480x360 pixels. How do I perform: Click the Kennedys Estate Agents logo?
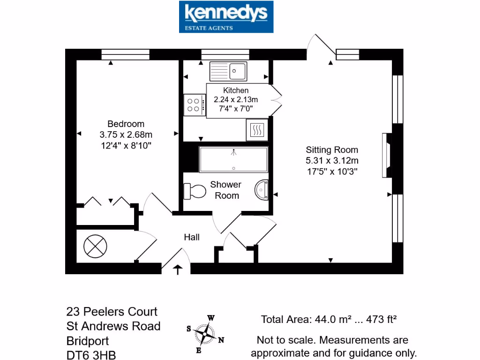[226, 17]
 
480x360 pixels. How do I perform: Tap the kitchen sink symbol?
[228, 71]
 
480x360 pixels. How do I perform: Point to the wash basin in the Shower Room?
[262, 189]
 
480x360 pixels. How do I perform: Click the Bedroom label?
[126, 124]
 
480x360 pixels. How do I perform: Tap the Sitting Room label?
[332, 150]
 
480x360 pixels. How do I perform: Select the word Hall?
[191, 237]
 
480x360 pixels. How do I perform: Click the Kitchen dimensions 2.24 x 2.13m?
[236, 99]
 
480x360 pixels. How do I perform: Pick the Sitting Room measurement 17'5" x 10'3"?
[332, 172]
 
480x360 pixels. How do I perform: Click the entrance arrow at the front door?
[178, 270]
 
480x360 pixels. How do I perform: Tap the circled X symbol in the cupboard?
[96, 245]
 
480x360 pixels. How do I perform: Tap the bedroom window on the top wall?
[125, 54]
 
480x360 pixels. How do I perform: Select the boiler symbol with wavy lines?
[257, 130]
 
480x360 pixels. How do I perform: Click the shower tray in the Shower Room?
[233, 159]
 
